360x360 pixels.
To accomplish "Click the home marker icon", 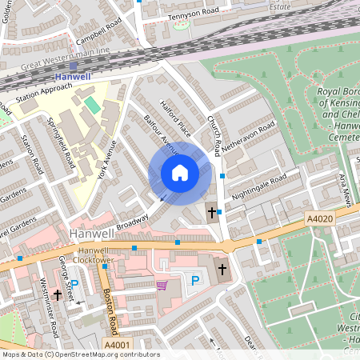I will pos(180,172).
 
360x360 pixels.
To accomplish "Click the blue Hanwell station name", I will pos(73,77).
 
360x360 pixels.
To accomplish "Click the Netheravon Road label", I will pos(248,136).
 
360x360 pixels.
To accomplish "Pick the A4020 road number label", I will pos(319,216).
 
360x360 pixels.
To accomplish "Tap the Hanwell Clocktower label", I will pos(90,254).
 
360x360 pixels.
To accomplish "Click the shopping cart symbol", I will pos(162,284).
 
